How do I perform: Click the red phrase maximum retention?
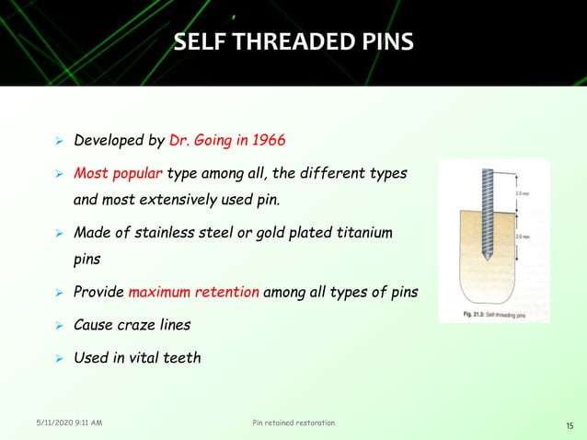194,293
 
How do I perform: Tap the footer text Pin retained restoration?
293,423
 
